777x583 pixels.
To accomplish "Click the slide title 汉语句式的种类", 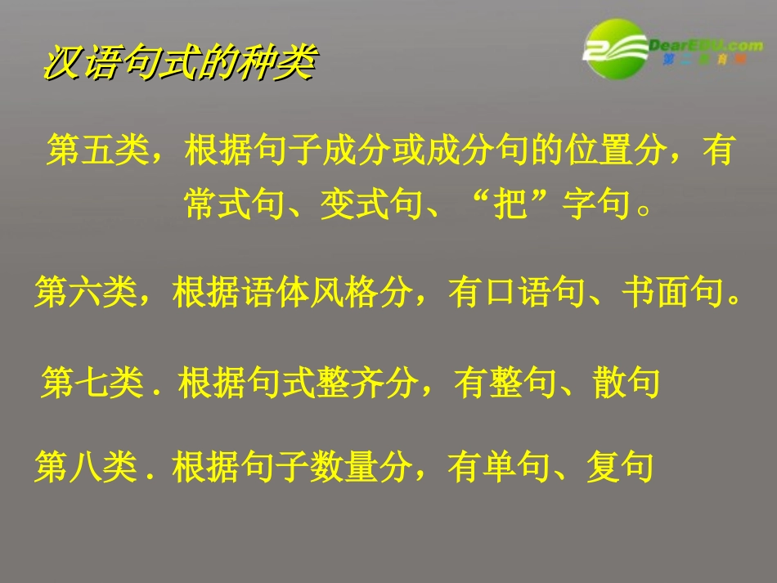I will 178,63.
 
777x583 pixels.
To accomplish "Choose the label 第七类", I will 91,382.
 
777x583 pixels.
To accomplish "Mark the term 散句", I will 627,382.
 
